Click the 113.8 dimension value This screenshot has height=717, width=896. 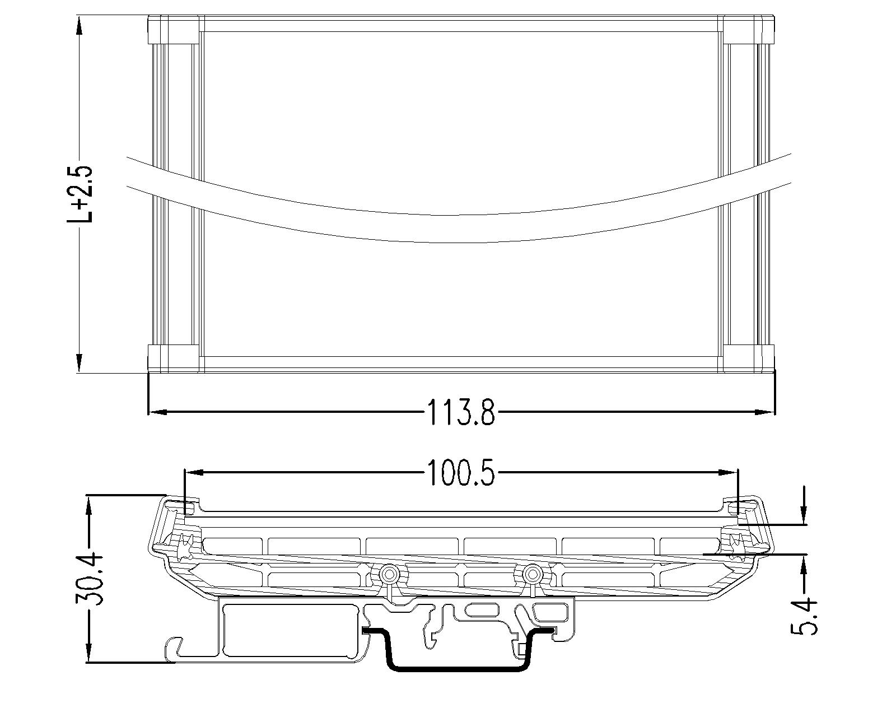point(461,413)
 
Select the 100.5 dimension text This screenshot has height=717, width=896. point(461,473)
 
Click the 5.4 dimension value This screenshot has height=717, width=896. point(805,616)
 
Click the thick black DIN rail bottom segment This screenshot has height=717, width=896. point(459,668)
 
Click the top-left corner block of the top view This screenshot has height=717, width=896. point(172,30)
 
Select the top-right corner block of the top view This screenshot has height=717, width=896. point(749,30)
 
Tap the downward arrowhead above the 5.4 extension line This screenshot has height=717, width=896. point(805,515)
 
